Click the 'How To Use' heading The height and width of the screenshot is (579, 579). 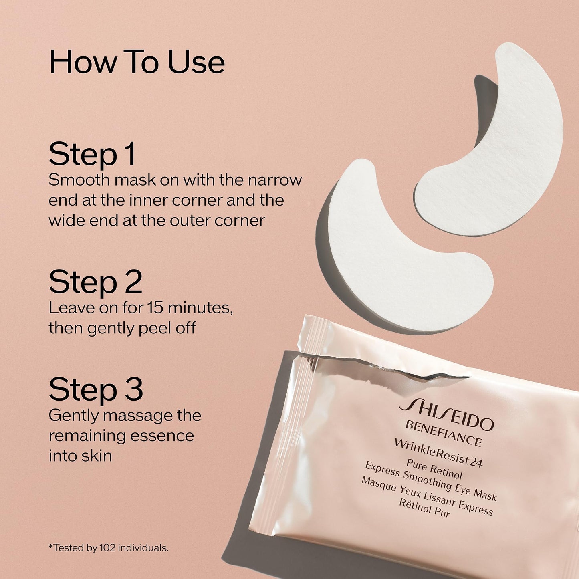pos(137,62)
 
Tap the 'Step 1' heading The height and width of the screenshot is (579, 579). pos(92,154)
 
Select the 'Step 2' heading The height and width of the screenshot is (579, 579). pos(95,282)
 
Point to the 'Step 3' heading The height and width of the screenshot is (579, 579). pos(96,389)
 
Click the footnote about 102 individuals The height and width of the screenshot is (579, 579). pos(109,548)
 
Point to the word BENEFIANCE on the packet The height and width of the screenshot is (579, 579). pos(443,433)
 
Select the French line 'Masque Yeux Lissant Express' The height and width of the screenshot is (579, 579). pos(426,496)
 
